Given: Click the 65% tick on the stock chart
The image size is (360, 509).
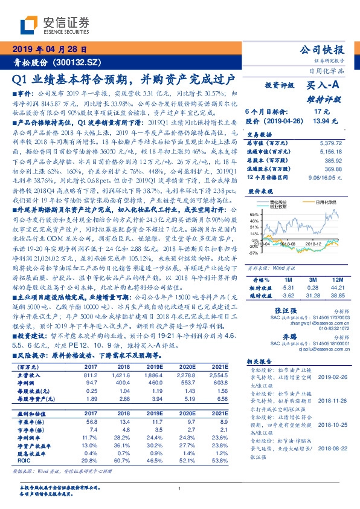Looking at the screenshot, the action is click(x=254, y=214).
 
